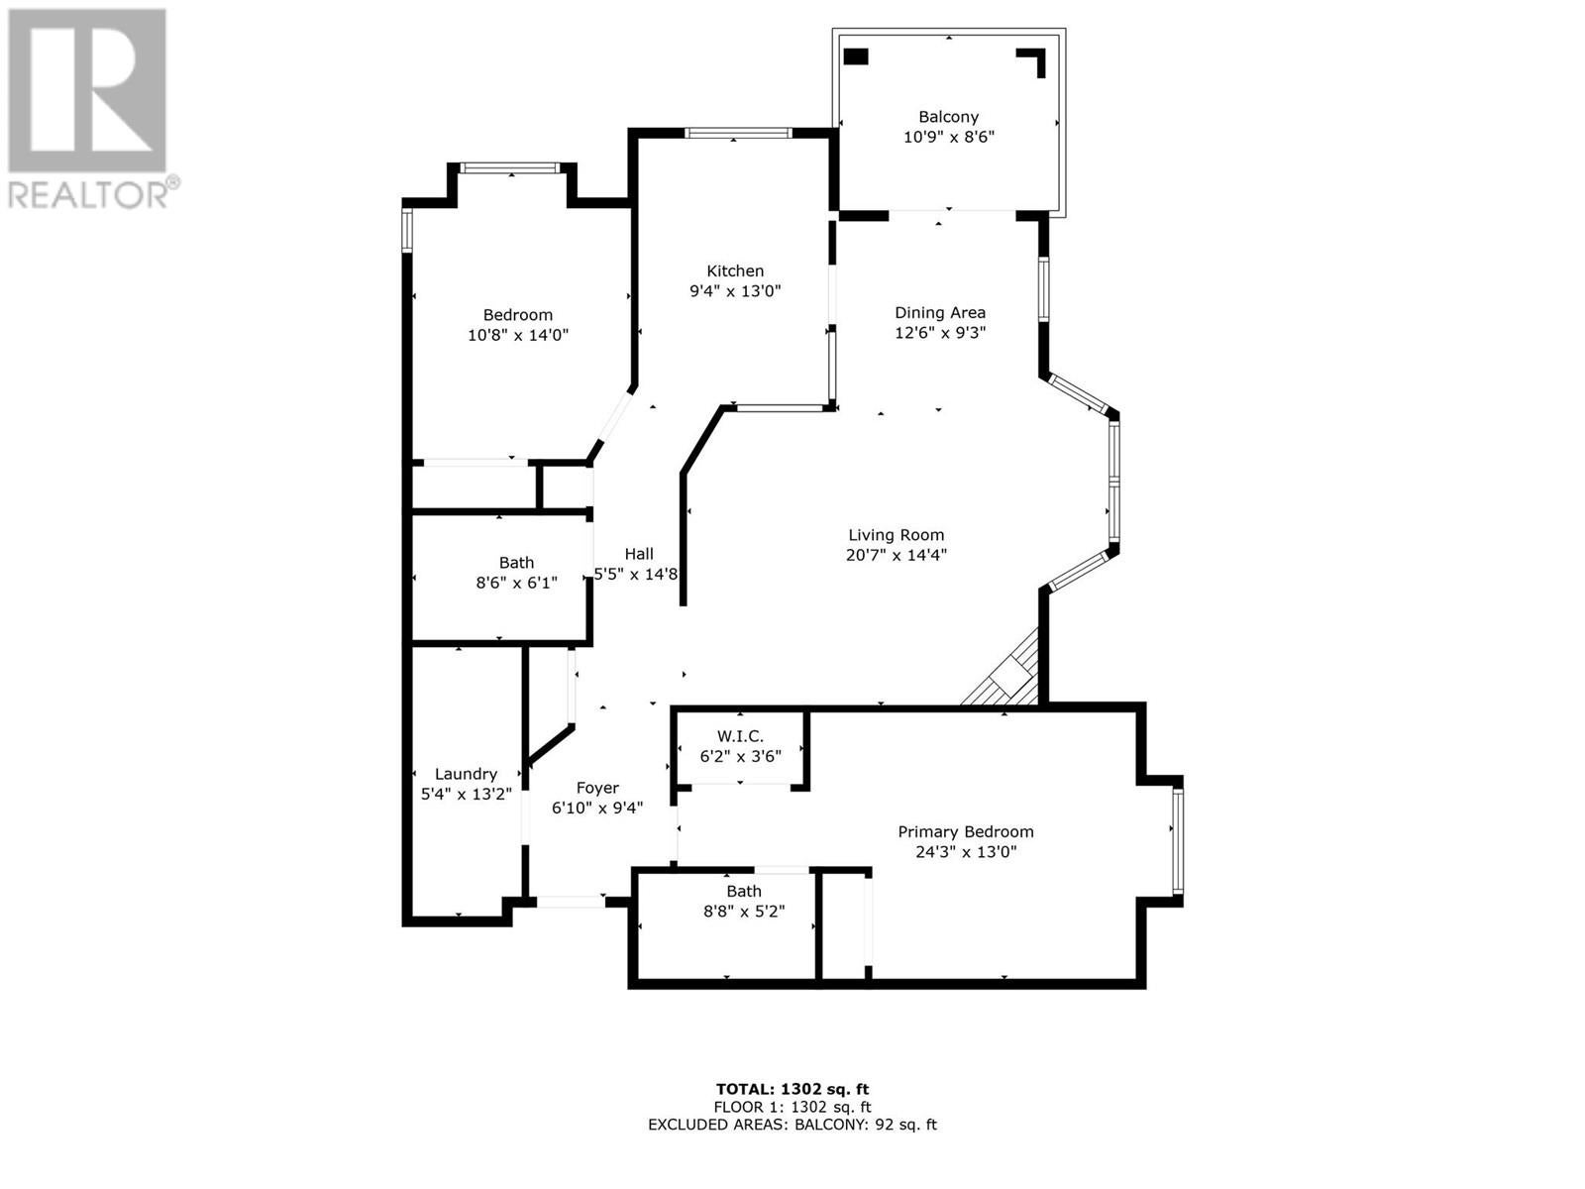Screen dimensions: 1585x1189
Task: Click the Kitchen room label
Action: [734, 270]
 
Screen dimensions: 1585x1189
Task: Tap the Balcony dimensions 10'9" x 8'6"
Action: [949, 137]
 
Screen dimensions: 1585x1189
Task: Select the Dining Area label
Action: [939, 312]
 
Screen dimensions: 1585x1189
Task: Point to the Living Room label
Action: [897, 535]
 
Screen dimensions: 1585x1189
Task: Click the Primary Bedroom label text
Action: [966, 831]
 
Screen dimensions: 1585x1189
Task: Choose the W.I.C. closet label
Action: [740, 736]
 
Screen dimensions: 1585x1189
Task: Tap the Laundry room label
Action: [466, 774]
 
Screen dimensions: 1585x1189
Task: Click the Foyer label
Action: [597, 789]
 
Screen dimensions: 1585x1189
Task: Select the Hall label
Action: [639, 554]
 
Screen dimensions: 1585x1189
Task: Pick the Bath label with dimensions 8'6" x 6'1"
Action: [516, 563]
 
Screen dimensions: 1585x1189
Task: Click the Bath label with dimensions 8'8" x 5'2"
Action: [744, 892]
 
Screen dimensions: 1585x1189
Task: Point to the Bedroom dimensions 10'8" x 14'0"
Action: [518, 335]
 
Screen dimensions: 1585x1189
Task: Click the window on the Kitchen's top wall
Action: [737, 133]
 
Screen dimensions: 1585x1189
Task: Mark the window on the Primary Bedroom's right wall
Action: [1178, 840]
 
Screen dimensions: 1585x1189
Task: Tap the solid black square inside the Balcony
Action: [856, 56]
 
